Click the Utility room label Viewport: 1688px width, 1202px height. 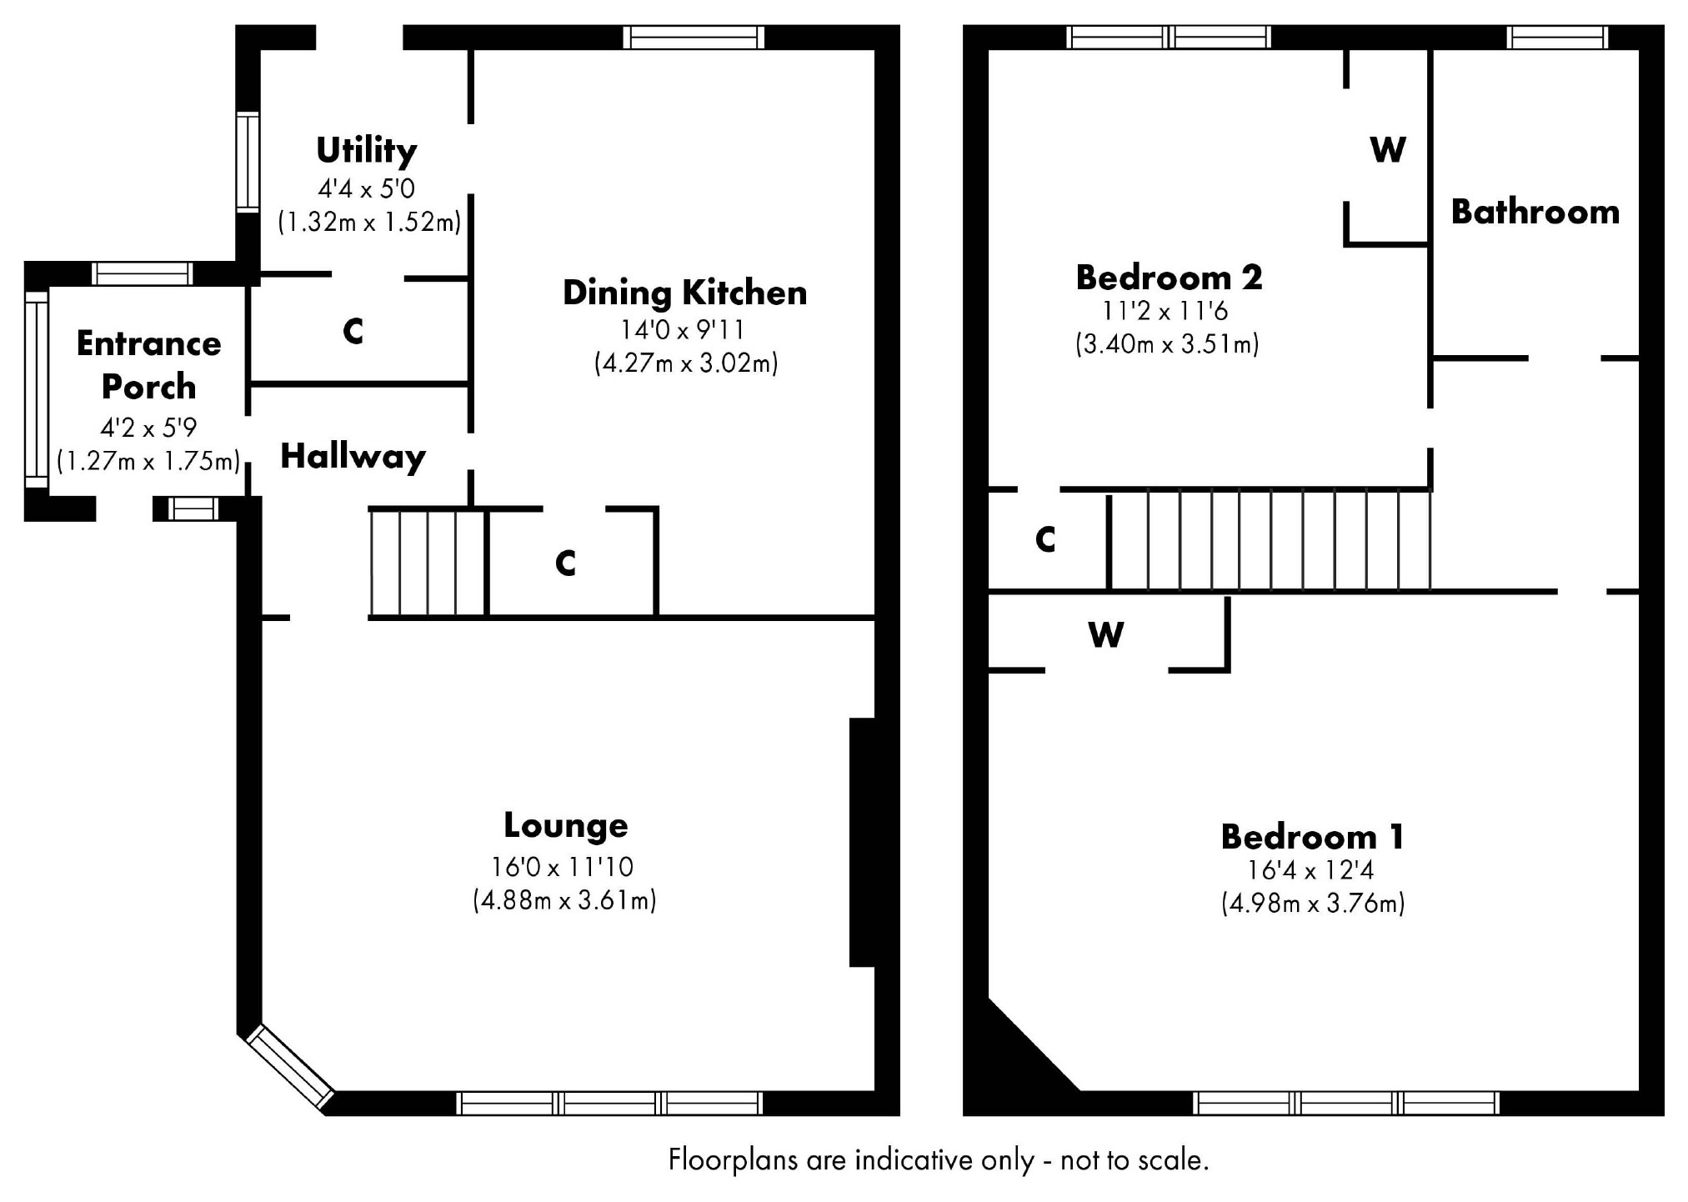[x=366, y=151]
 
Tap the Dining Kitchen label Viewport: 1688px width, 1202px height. [x=684, y=293]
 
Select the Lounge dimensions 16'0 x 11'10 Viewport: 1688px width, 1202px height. [x=563, y=867]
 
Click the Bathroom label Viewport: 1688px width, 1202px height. [x=1535, y=212]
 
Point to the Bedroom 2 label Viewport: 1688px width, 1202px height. [x=1169, y=278]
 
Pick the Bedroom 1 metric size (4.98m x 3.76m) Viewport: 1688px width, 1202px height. [x=1313, y=904]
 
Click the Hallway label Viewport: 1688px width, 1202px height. [x=353, y=456]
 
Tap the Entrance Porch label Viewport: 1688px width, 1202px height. [x=148, y=365]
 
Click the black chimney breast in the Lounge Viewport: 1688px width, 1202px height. [x=862, y=842]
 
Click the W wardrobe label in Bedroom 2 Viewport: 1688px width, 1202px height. [x=1388, y=150]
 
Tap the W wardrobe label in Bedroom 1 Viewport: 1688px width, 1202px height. [x=1105, y=635]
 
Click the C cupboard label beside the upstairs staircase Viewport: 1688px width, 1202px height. [x=1045, y=540]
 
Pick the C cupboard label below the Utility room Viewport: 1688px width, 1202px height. [x=353, y=332]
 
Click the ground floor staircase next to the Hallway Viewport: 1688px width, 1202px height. [x=428, y=563]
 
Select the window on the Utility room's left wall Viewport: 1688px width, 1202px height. [x=248, y=162]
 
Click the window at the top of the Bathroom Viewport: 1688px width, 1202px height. [x=1557, y=38]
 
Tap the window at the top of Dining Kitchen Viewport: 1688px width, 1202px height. [x=694, y=38]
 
